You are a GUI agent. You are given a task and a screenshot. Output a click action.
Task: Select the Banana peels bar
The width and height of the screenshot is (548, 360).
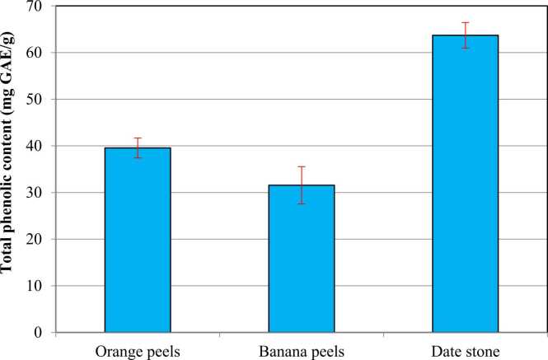(302, 259)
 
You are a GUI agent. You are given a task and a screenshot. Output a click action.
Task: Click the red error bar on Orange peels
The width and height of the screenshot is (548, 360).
(137, 147)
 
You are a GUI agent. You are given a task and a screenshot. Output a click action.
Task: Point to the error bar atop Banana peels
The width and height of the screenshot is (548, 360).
(302, 185)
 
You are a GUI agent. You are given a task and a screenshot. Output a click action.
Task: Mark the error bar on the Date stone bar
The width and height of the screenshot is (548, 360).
(466, 35)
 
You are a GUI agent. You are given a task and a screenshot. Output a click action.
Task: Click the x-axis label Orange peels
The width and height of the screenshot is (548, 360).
(137, 348)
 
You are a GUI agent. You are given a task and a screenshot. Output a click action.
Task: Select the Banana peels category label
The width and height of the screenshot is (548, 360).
(302, 348)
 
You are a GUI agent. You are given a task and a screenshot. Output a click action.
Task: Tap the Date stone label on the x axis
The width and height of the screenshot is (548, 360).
(466, 348)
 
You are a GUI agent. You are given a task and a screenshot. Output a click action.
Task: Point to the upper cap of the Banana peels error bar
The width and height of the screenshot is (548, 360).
(302, 166)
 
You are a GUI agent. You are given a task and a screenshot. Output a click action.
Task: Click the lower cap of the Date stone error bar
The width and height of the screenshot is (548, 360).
(466, 48)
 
